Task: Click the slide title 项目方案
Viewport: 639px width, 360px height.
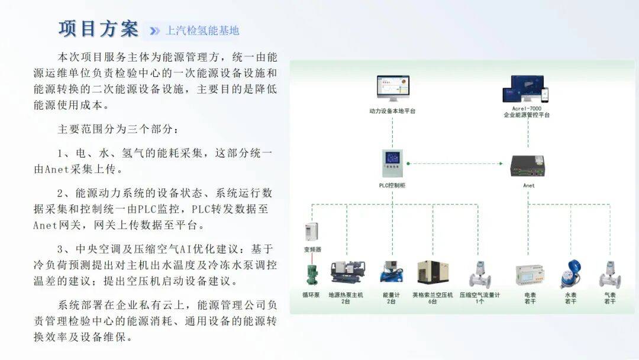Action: pyautogui.click(x=98, y=28)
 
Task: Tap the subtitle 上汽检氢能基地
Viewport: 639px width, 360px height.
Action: pyautogui.click(x=203, y=30)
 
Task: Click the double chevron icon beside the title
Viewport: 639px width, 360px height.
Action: pyautogui.click(x=155, y=31)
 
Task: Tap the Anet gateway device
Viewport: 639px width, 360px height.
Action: pyautogui.click(x=528, y=165)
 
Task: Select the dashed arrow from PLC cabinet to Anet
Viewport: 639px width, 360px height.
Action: pyautogui.click(x=459, y=163)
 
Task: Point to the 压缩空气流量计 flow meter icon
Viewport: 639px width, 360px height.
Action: pyautogui.click(x=480, y=274)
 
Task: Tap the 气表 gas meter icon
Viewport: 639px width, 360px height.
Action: pyautogui.click(x=609, y=274)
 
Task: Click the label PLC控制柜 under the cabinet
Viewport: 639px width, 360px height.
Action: pyautogui.click(x=392, y=185)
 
